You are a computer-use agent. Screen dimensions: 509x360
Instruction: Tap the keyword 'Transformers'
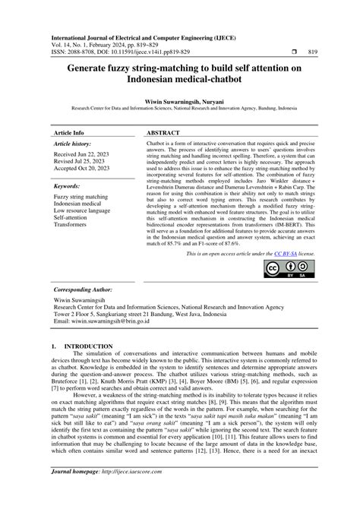pyautogui.click(x=71, y=224)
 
